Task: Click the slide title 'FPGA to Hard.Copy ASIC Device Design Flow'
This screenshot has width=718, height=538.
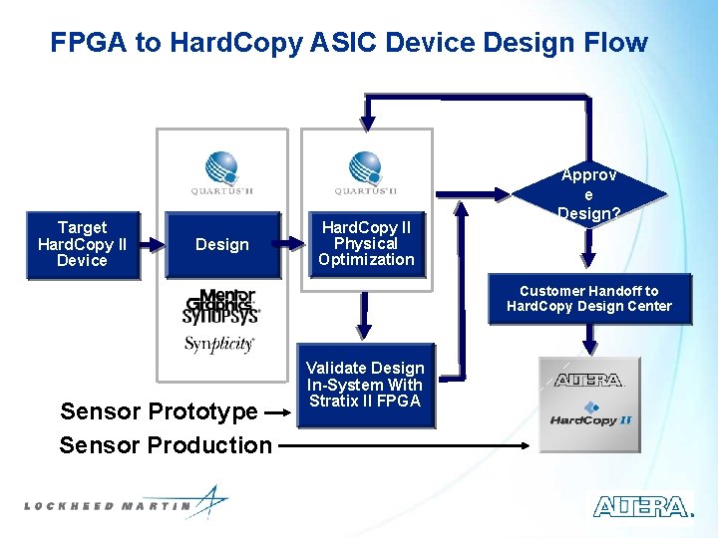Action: point(349,43)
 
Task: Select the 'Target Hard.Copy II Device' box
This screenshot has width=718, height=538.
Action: point(82,244)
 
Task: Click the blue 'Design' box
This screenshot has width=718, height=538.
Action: point(222,245)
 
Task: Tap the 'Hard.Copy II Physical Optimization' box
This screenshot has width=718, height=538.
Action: point(366,244)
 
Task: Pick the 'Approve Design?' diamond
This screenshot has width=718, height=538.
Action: point(588,194)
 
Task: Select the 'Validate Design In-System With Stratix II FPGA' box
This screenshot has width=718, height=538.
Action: point(365,386)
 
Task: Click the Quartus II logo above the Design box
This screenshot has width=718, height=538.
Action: point(221,172)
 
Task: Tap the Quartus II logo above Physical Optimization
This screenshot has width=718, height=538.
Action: point(366,172)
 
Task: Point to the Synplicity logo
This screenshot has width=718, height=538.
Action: point(219,344)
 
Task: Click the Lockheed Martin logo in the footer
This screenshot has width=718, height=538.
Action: point(125,503)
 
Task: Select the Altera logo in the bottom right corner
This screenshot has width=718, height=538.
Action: point(642,506)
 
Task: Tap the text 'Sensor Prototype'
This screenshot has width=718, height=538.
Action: point(159,411)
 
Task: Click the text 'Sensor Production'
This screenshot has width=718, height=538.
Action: point(166,445)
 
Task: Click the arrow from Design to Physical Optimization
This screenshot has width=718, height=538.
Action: point(296,242)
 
